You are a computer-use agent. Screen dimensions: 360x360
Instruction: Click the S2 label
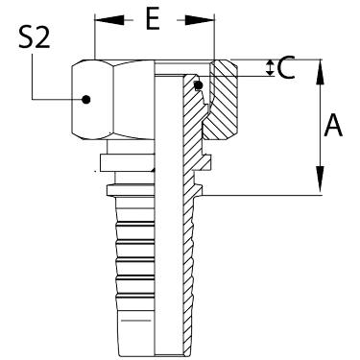click(34, 37)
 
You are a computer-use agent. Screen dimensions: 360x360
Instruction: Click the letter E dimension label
click(153, 20)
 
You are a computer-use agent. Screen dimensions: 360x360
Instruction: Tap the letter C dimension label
click(286, 68)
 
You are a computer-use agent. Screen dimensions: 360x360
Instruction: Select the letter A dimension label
click(333, 125)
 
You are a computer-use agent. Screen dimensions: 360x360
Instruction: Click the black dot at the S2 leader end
click(85, 99)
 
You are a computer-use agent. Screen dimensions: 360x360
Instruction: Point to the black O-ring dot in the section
click(199, 85)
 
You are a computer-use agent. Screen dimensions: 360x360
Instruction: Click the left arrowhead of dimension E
click(109, 20)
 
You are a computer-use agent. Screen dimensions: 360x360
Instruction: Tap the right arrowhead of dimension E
click(200, 20)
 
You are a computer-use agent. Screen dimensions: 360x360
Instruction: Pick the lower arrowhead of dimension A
click(320, 180)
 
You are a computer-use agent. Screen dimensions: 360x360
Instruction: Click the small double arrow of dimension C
click(271, 68)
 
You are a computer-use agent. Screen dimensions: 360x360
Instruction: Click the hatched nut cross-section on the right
click(222, 100)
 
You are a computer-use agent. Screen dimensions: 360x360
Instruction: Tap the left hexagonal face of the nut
click(92, 99)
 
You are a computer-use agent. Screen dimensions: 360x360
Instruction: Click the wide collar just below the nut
click(128, 162)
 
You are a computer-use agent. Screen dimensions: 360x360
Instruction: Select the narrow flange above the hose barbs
click(131, 190)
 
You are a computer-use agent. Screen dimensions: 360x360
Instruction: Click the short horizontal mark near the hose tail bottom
click(136, 320)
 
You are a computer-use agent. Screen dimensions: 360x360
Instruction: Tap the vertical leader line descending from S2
click(33, 77)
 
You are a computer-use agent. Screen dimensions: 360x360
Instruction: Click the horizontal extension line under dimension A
click(261, 195)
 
